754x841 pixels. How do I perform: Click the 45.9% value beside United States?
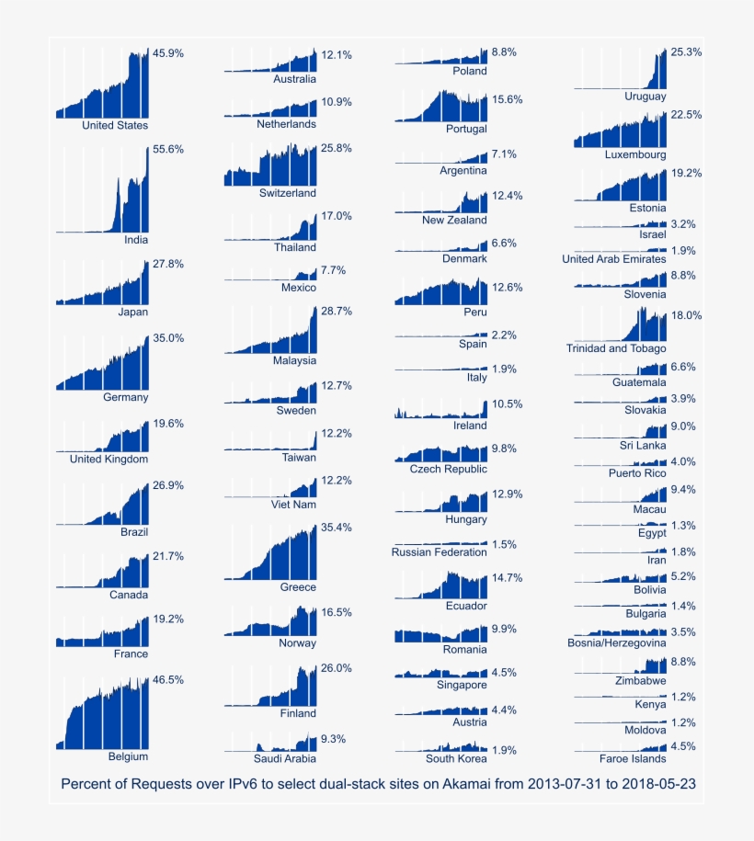(x=168, y=53)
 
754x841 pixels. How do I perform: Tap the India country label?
(x=135, y=240)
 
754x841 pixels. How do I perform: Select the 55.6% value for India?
(x=168, y=149)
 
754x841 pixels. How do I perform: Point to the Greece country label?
(x=298, y=586)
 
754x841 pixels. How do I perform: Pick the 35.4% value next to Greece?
(x=337, y=528)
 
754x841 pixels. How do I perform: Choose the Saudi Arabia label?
(x=285, y=759)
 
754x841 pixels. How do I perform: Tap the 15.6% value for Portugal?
(x=508, y=99)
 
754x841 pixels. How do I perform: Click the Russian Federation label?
(x=439, y=552)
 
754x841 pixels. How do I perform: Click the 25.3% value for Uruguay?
(x=687, y=52)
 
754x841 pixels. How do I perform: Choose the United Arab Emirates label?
(x=614, y=259)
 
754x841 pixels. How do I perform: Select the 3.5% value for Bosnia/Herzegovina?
(x=683, y=632)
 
